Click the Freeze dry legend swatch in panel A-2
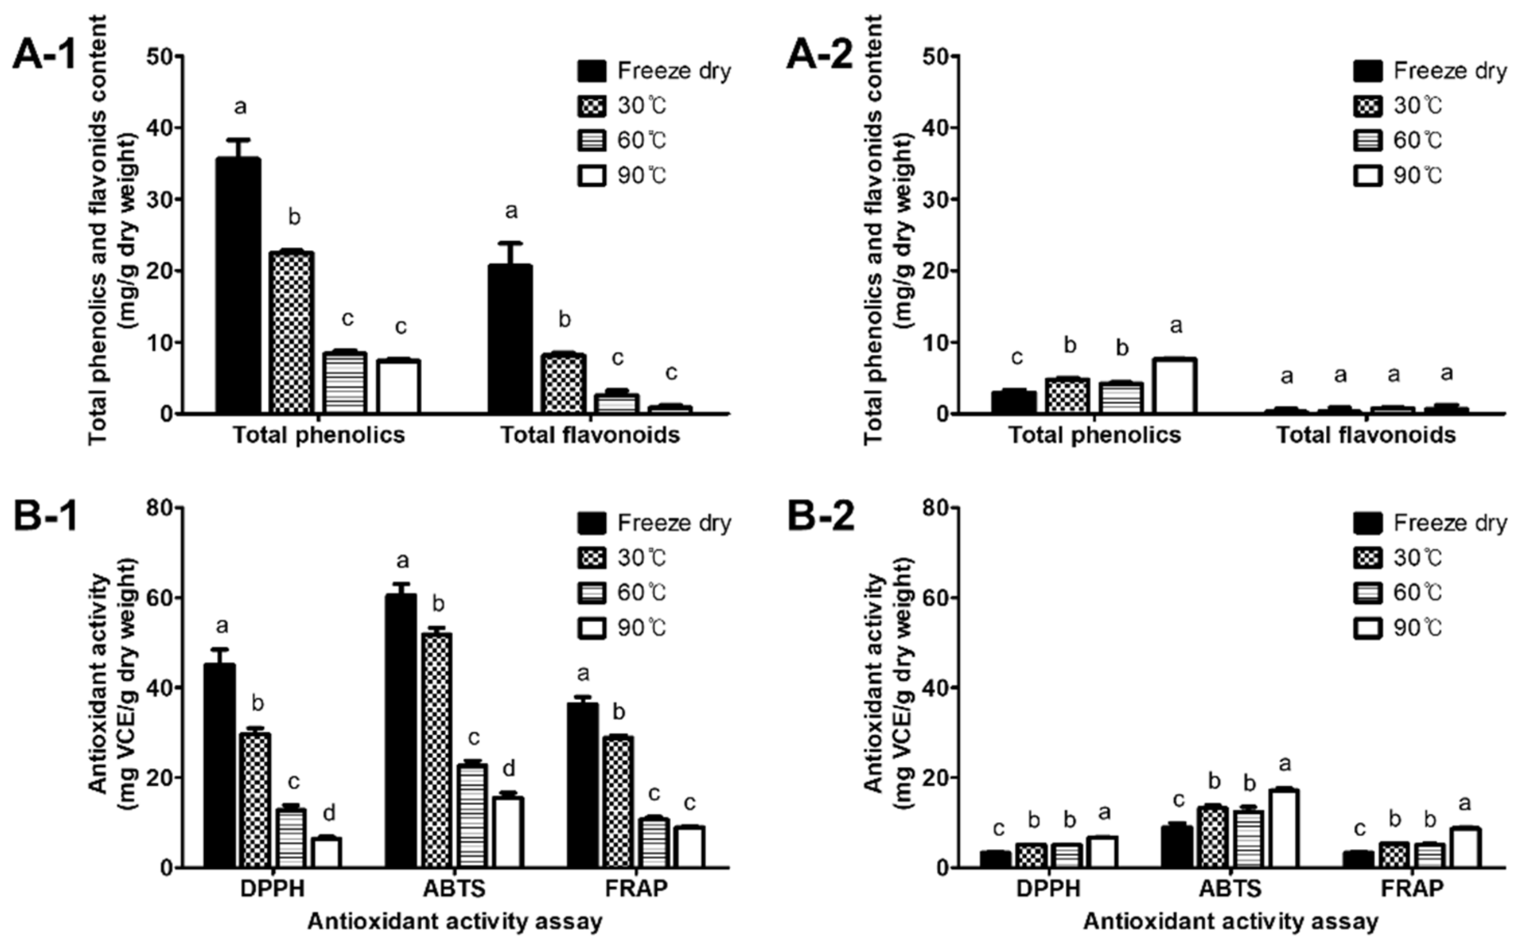pyautogui.click(x=1368, y=71)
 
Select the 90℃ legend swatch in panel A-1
pyautogui.click(x=592, y=175)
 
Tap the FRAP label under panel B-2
pyautogui.click(x=1412, y=888)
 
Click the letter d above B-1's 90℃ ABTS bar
pyautogui.click(x=509, y=768)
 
